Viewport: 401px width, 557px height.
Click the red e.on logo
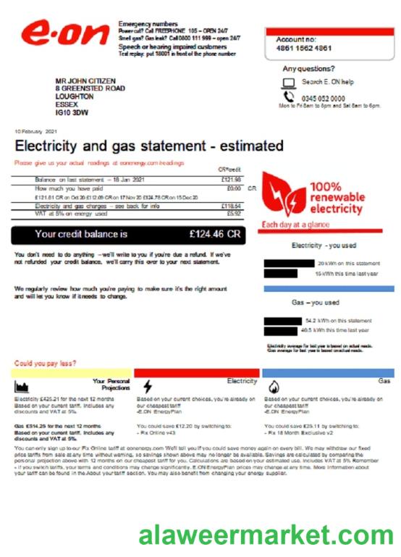pos(60,34)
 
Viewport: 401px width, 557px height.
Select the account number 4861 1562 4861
pos(304,49)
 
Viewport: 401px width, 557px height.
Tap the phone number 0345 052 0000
pos(323,99)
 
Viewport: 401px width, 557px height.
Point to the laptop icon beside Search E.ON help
pos(290,82)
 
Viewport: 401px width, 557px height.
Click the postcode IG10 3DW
pos(72,112)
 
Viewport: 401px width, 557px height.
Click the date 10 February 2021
pos(35,131)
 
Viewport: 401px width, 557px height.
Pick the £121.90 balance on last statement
pos(231,179)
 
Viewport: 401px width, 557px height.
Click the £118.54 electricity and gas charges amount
pos(231,206)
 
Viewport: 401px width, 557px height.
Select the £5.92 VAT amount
pos(233,214)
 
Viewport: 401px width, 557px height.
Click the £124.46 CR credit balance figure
pos(214,234)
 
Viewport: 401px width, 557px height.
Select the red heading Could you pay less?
pos(46,363)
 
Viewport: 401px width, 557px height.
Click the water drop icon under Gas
pos(274,386)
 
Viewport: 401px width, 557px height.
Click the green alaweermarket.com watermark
pos(266,535)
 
